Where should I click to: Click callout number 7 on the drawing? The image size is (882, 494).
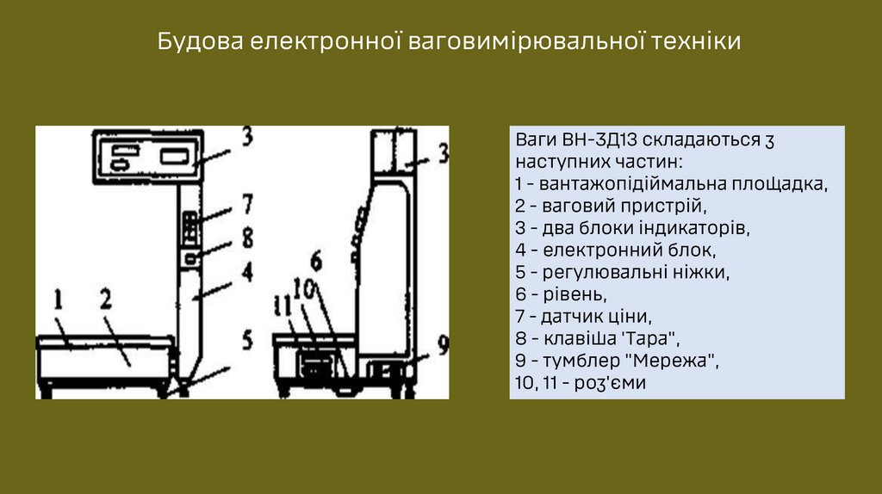[x=246, y=204]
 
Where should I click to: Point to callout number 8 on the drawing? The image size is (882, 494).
[x=246, y=235]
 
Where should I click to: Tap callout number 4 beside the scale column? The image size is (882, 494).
[x=246, y=274]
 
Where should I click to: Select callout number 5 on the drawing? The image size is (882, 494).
[x=246, y=340]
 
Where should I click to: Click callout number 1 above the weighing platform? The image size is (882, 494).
[x=59, y=299]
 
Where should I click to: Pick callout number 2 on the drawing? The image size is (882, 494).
[x=106, y=299]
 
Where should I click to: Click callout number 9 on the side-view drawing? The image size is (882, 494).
[x=442, y=344]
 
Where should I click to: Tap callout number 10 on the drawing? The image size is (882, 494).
[x=302, y=290]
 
